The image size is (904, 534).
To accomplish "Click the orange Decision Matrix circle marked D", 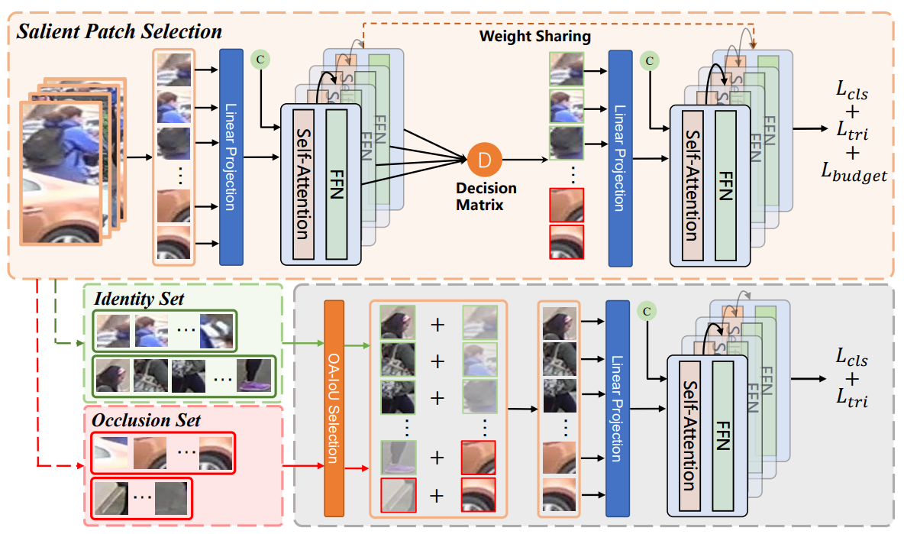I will click(485, 159).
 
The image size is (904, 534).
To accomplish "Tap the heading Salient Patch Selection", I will click(119, 31).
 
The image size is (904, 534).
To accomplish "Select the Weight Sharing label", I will click(534, 36).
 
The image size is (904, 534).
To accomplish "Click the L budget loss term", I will click(854, 174).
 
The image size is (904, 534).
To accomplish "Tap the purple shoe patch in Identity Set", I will click(253, 376).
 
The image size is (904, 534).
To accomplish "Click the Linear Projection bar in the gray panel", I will click(616, 409).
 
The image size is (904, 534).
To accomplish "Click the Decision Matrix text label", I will click(486, 196).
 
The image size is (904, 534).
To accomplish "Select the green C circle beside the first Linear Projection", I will click(260, 58).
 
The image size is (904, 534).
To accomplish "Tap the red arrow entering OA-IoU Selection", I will click(304, 464).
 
